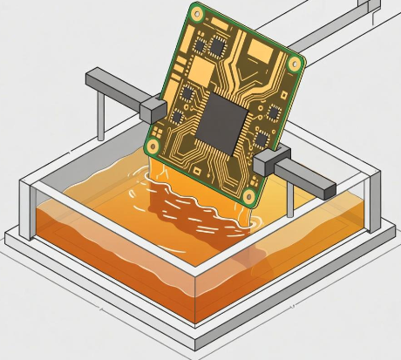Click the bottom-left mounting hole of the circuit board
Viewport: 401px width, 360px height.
coord(154,146)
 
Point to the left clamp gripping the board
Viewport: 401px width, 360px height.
coord(151,109)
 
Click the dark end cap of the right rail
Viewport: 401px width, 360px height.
coord(326,186)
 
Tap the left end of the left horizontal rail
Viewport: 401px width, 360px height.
coord(90,80)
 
